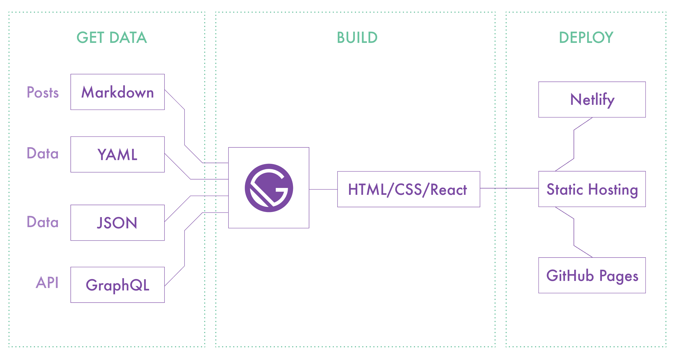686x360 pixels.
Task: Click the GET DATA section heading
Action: [x=112, y=38]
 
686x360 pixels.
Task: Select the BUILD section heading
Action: [x=357, y=38]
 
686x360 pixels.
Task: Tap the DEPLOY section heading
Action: [x=586, y=38]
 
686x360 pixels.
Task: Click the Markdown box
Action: [x=117, y=92]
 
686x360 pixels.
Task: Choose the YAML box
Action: [x=117, y=154]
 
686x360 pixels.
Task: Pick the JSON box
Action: [x=117, y=223]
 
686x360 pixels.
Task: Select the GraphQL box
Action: [x=117, y=285]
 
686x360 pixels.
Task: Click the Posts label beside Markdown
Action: [x=43, y=92]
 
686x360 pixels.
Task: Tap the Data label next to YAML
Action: [x=43, y=153]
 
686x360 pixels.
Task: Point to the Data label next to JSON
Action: [x=43, y=222]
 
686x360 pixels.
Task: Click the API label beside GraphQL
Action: [x=47, y=282]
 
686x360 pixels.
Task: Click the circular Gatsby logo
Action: [x=269, y=188]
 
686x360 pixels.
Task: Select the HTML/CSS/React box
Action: [x=408, y=189]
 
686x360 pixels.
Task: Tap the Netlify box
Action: [x=592, y=99]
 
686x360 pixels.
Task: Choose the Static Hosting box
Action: [x=592, y=189]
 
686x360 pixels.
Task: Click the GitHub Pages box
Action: [x=592, y=275]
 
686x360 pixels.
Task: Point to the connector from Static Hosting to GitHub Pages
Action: [x=574, y=232]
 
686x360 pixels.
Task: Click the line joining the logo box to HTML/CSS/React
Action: [x=323, y=190]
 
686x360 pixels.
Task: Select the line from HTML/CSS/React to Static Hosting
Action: [x=509, y=188]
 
